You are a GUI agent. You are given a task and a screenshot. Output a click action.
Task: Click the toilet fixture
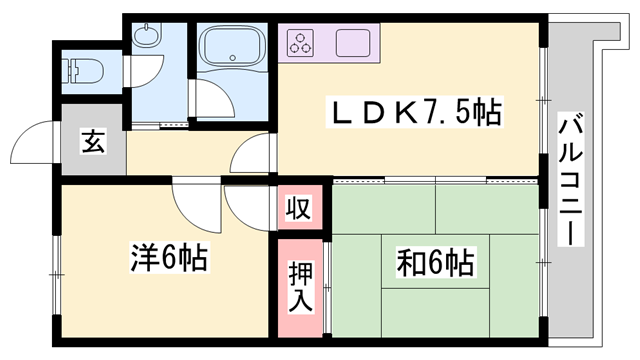pos(79,69)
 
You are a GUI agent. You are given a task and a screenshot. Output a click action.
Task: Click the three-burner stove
pos(301,43)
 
